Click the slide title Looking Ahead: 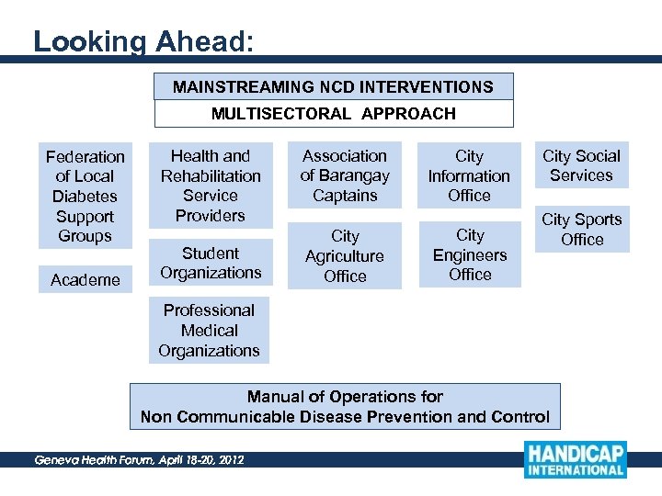[143, 42]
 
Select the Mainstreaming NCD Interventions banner [333, 87]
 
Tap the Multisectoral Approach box [333, 114]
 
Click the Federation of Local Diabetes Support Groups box [86, 196]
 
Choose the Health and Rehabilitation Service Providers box [211, 186]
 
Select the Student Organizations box [211, 263]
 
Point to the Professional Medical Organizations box [209, 331]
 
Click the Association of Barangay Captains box [345, 175]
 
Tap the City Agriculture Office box [345, 256]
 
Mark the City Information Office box [469, 175]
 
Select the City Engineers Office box [470, 255]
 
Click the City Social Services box [581, 165]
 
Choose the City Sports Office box [581, 230]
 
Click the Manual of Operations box [345, 407]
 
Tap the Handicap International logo [576, 459]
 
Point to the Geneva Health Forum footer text [139, 459]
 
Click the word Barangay [355, 175]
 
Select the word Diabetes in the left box [85, 197]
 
